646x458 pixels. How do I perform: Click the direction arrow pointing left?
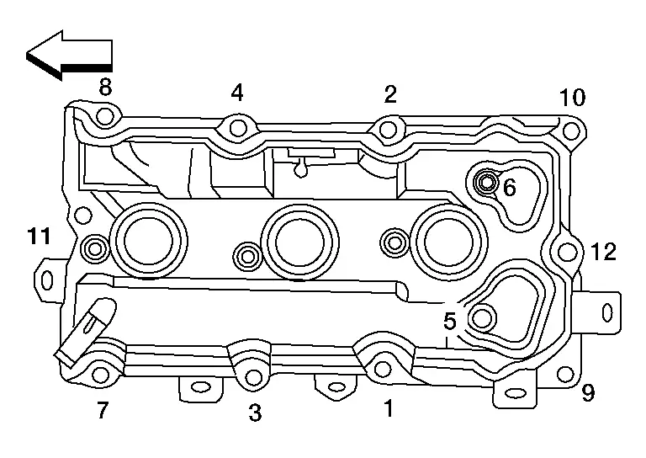pyautogui.click(x=68, y=55)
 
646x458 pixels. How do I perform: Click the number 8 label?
pyautogui.click(x=105, y=87)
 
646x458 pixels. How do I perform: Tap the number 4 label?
pyautogui.click(x=237, y=93)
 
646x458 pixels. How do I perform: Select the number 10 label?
pyautogui.click(x=572, y=98)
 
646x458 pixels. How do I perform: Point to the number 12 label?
pyautogui.click(x=603, y=252)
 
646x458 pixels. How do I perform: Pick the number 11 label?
pyautogui.click(x=39, y=237)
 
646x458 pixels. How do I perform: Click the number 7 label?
pyautogui.click(x=102, y=410)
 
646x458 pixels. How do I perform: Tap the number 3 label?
pyautogui.click(x=255, y=413)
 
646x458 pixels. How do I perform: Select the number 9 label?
pyautogui.click(x=588, y=393)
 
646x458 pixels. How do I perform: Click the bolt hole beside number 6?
pyautogui.click(x=486, y=182)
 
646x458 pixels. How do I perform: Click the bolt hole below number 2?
pyautogui.click(x=388, y=129)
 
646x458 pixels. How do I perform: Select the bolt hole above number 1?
pyautogui.click(x=383, y=368)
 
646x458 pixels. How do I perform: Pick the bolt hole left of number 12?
pyautogui.click(x=567, y=251)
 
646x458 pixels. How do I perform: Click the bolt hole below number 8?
pyautogui.click(x=104, y=116)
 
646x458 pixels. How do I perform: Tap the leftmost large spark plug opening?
pyautogui.click(x=149, y=240)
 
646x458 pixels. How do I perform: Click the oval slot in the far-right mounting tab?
pyautogui.click(x=606, y=312)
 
